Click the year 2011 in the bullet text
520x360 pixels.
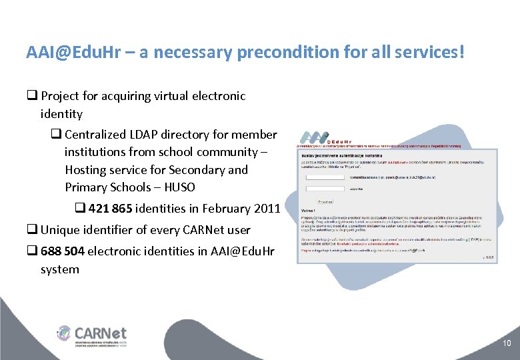(x=267, y=209)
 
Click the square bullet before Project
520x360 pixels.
(x=31, y=96)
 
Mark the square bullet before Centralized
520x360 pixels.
(x=56, y=135)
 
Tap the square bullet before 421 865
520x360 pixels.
(x=79, y=209)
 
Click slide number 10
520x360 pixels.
(x=507, y=343)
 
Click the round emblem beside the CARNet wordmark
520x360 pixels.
(x=64, y=333)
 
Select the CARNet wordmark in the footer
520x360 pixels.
(x=100, y=333)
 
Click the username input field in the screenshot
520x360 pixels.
(x=325, y=177)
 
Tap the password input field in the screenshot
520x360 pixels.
(x=325, y=189)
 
